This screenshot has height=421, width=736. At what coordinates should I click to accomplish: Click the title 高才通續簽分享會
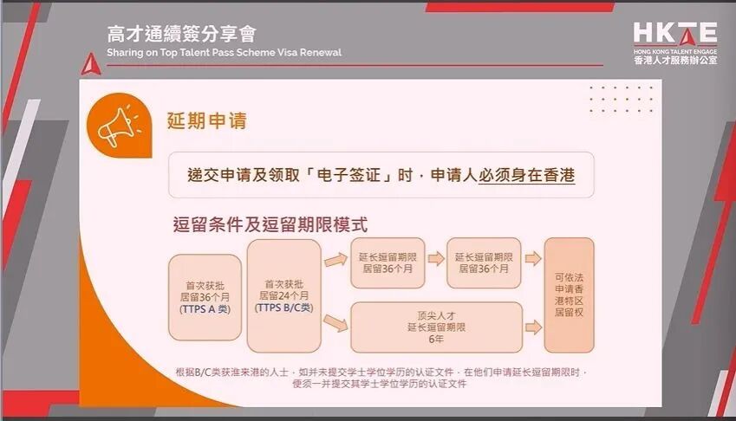181,35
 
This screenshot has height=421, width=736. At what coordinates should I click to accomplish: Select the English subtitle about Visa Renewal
224,53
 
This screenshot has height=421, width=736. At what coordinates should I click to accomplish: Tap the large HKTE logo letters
674,33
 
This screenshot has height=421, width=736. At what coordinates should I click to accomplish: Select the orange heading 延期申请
207,120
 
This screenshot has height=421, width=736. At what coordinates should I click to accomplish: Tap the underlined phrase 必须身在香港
526,176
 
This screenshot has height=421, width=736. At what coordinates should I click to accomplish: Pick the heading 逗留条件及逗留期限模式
270,225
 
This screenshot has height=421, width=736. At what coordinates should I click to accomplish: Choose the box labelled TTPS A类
205,296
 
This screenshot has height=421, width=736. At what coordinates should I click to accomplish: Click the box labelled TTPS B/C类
283,295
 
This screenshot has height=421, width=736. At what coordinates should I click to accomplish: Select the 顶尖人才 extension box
436,327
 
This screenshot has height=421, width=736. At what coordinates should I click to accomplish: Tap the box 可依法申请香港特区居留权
569,295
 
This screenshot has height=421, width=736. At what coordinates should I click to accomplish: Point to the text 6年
436,340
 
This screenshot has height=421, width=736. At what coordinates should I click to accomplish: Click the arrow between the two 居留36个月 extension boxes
435,258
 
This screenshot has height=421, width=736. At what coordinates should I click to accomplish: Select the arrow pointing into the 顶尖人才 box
334,323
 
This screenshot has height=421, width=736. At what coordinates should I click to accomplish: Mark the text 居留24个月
283,295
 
